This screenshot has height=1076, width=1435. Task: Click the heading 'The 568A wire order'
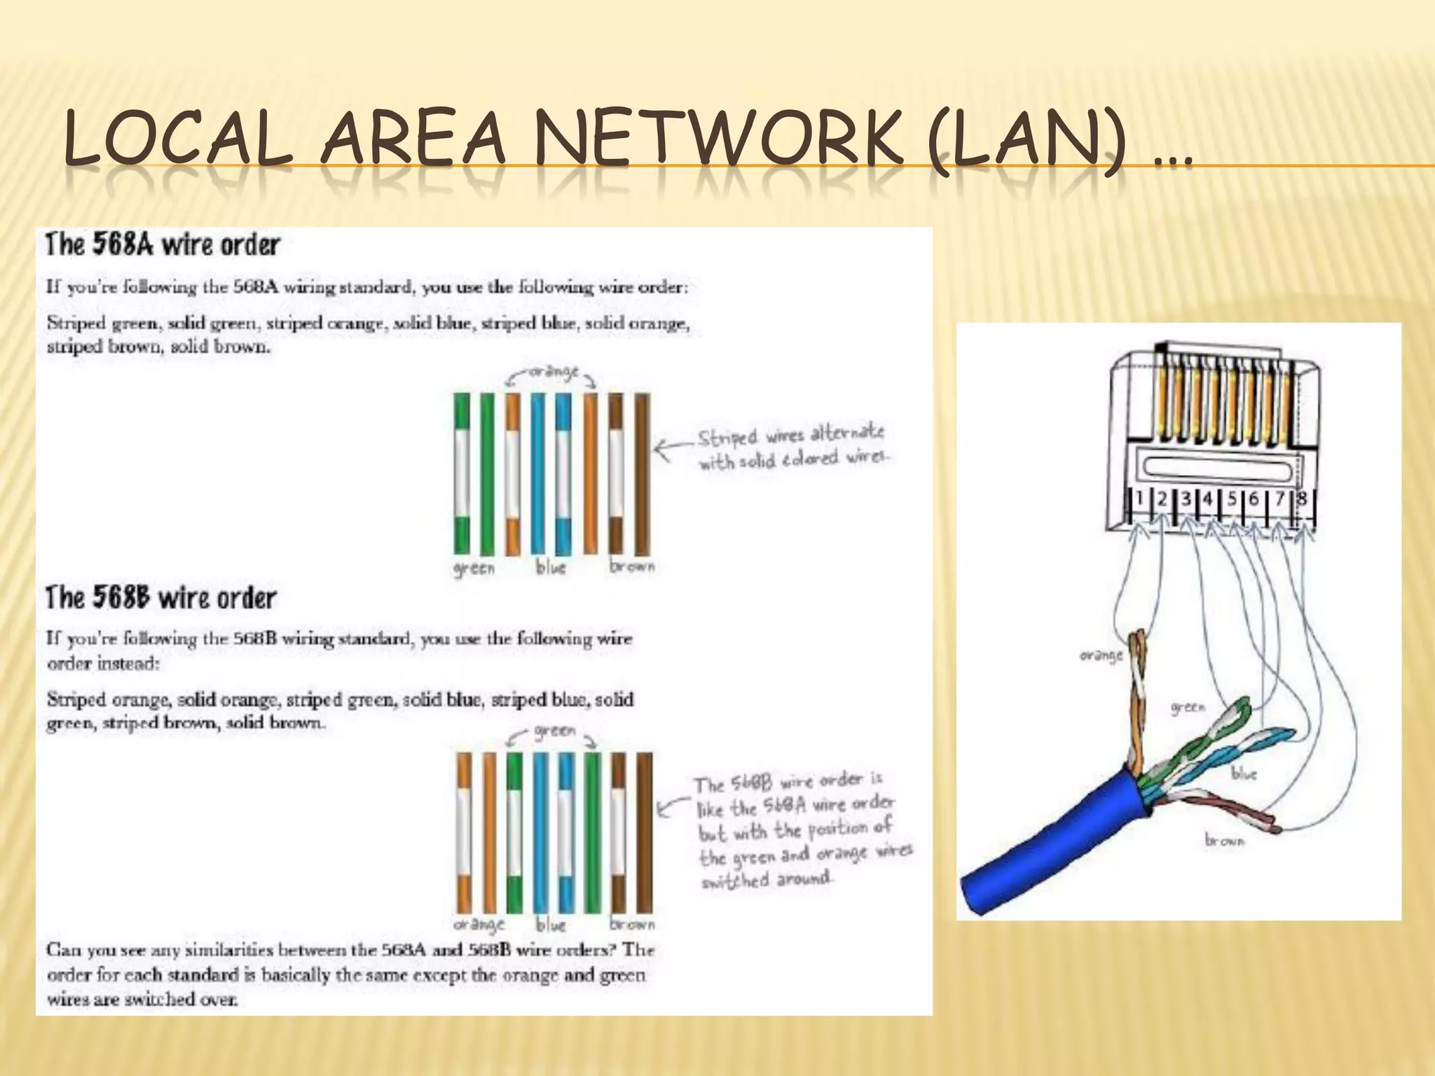tap(163, 245)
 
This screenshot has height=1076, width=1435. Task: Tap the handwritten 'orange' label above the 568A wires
tap(553, 372)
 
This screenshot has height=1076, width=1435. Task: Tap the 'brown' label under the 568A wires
tap(631, 566)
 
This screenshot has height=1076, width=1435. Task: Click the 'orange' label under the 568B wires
tap(479, 925)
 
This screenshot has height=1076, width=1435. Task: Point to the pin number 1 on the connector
tap(1139, 498)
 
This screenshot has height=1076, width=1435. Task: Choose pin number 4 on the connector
tap(1208, 499)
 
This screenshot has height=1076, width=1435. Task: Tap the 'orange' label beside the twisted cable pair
tap(1101, 656)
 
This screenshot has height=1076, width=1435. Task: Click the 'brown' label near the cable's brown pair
tap(1224, 840)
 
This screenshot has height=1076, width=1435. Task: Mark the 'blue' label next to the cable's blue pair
tap(1244, 774)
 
